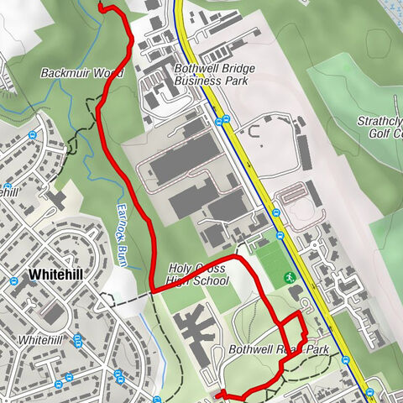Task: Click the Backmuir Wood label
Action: pyautogui.click(x=82, y=74)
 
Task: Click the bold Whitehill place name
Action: pyautogui.click(x=55, y=275)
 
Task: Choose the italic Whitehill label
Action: pyautogui.click(x=41, y=340)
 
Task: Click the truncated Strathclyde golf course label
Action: pyautogui.click(x=379, y=127)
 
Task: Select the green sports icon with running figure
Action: pyautogui.click(x=290, y=276)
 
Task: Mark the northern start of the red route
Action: pyautogui.click(x=102, y=7)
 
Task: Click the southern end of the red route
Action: pyautogui.click(x=217, y=394)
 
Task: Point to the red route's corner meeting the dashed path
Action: pyautogui.click(x=151, y=290)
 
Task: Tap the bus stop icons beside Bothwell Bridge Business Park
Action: pyautogui.click(x=220, y=122)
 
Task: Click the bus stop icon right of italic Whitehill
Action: pyautogui.click(x=78, y=340)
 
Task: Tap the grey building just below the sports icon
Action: pyautogui.click(x=296, y=293)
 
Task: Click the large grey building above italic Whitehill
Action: pyautogui.click(x=53, y=315)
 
